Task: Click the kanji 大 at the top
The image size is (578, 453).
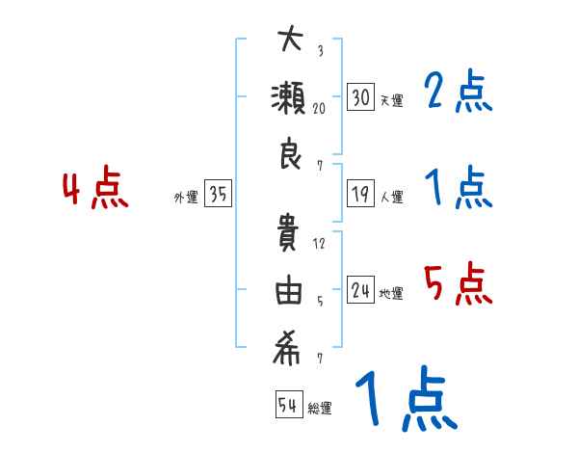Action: coord(289,41)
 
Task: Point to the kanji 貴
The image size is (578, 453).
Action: coord(289,236)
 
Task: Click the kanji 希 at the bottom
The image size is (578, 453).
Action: coord(289,351)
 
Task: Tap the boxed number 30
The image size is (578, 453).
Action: coord(361,97)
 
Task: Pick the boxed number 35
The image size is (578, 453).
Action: coord(218,195)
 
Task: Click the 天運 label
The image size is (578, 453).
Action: coord(391,100)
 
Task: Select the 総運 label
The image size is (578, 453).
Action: coord(320,408)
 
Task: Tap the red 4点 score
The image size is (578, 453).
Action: coord(94,190)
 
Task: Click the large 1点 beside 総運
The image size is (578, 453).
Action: coord(405,400)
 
